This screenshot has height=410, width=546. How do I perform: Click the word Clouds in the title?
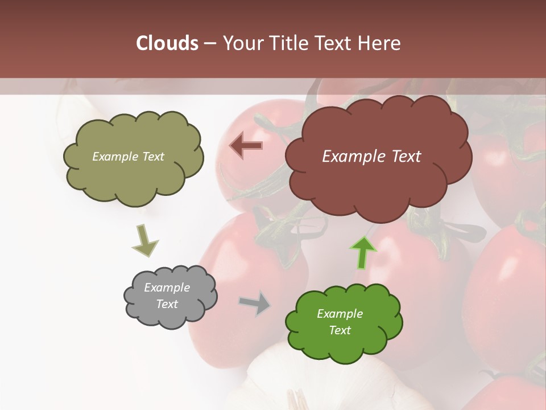(x=167, y=43)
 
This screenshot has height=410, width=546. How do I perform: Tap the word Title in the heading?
(x=289, y=43)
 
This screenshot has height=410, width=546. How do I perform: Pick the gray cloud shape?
(x=169, y=296)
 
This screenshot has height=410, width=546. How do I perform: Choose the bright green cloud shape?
(x=344, y=322)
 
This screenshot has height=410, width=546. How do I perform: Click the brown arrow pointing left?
(x=246, y=145)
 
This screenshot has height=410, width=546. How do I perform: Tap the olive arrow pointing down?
(x=144, y=241)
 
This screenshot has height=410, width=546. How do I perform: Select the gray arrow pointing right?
(x=255, y=303)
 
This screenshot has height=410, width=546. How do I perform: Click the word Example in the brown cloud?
(x=355, y=157)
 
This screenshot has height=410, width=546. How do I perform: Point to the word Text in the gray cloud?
(x=167, y=304)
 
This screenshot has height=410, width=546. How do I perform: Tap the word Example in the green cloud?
(x=340, y=314)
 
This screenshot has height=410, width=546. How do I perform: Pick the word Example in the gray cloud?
(x=167, y=288)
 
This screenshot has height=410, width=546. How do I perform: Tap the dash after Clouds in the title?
(x=209, y=44)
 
